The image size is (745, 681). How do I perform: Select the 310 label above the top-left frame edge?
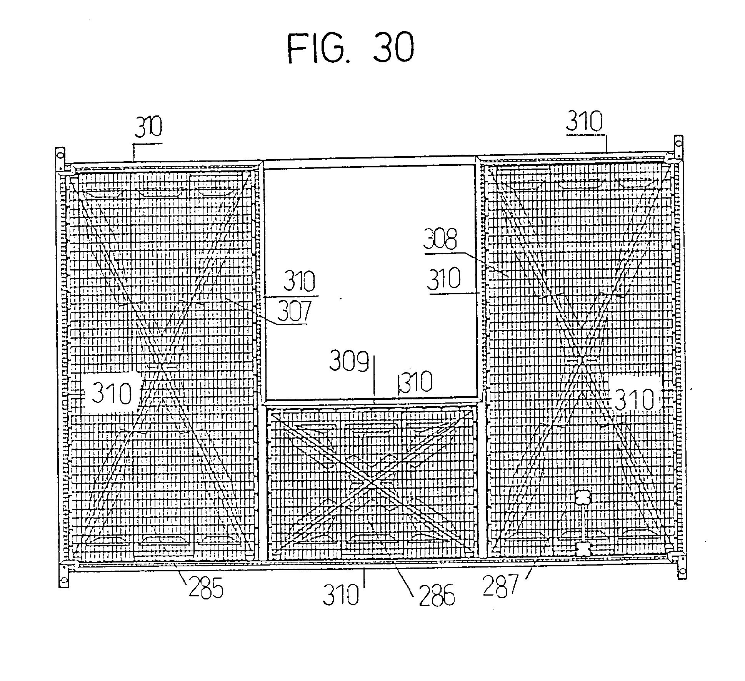coord(148,127)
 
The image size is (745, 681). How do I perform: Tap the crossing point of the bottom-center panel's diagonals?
coord(371,484)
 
